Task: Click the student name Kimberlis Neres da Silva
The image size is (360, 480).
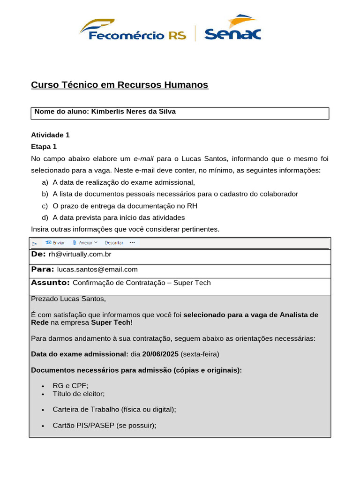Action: click(133, 112)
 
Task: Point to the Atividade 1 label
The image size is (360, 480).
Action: click(50, 135)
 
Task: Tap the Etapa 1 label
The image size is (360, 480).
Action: click(44, 147)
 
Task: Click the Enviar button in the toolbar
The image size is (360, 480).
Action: click(55, 243)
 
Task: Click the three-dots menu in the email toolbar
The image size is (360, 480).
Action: click(132, 243)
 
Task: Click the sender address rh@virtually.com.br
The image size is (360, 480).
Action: click(80, 254)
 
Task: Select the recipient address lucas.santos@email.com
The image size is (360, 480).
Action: click(97, 270)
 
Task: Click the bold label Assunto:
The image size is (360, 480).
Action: click(50, 283)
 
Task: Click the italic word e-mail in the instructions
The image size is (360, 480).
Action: click(144, 158)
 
